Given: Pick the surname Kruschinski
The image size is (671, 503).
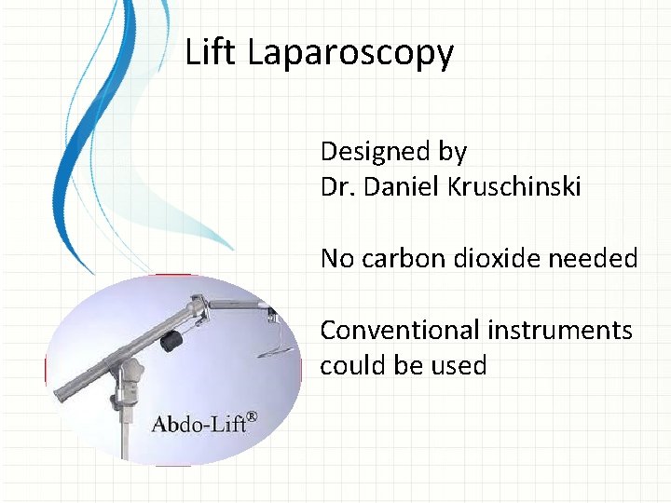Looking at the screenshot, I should [x=517, y=187].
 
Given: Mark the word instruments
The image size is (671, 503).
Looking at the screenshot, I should [x=558, y=330].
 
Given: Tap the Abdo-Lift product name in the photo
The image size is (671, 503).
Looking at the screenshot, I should [x=199, y=424].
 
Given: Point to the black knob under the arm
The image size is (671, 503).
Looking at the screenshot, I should [x=171, y=342].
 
